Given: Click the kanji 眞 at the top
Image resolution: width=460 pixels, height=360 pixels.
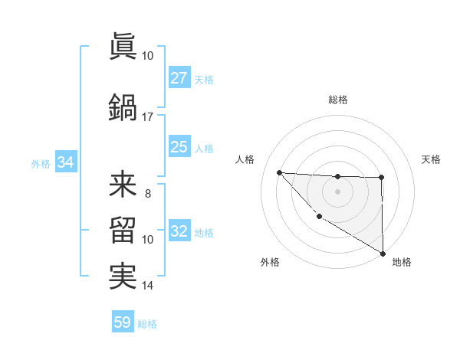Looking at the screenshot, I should [123, 47].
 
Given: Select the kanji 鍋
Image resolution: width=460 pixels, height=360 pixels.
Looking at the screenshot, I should [123, 107].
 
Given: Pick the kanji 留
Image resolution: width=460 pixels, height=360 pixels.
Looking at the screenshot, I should [123, 231].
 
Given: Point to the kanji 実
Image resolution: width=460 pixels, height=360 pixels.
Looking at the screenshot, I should [123, 276].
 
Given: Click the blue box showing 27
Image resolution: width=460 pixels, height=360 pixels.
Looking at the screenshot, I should [179, 78].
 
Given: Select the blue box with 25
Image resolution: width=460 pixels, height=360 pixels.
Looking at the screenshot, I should [179, 147].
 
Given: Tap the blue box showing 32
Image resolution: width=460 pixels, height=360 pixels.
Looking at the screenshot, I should [179, 231].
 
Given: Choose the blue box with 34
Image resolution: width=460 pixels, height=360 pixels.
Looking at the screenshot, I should [65, 162].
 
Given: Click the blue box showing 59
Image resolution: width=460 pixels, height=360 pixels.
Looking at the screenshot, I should [123, 322].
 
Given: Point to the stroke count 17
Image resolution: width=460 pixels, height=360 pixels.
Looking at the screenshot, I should [147, 116].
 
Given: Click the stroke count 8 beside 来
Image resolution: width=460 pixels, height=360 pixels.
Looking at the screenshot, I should [147, 194].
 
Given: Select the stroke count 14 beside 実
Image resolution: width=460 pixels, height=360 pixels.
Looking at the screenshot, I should [147, 286].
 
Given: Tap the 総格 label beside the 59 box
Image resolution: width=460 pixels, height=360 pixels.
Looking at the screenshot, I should [147, 324].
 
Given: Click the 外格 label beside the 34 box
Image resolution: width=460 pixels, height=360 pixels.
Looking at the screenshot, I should [41, 163].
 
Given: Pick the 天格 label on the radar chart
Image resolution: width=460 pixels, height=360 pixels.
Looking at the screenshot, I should [431, 159].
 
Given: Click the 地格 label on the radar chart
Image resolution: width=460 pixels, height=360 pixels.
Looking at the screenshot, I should [402, 262].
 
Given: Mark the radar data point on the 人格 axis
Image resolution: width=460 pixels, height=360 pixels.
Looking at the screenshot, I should [280, 172].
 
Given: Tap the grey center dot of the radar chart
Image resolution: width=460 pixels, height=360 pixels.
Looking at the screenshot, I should [337, 191].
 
